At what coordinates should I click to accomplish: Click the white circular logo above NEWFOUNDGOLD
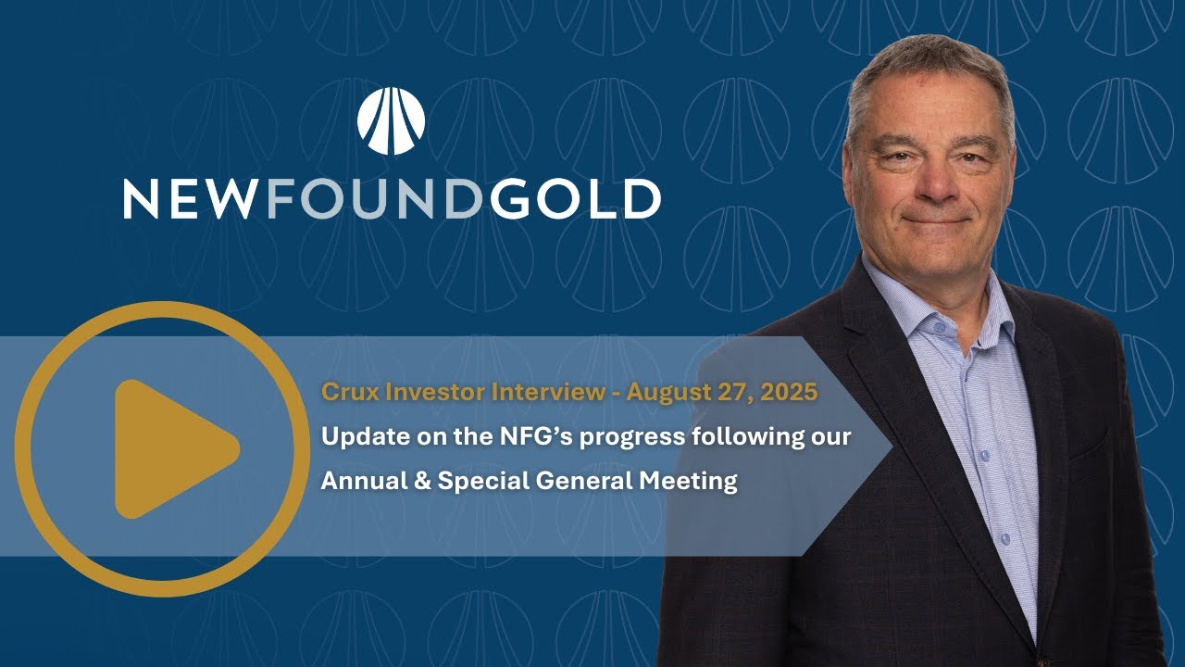point(391,120)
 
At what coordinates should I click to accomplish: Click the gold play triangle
point(171,448)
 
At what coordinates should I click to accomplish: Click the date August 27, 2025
point(722,392)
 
